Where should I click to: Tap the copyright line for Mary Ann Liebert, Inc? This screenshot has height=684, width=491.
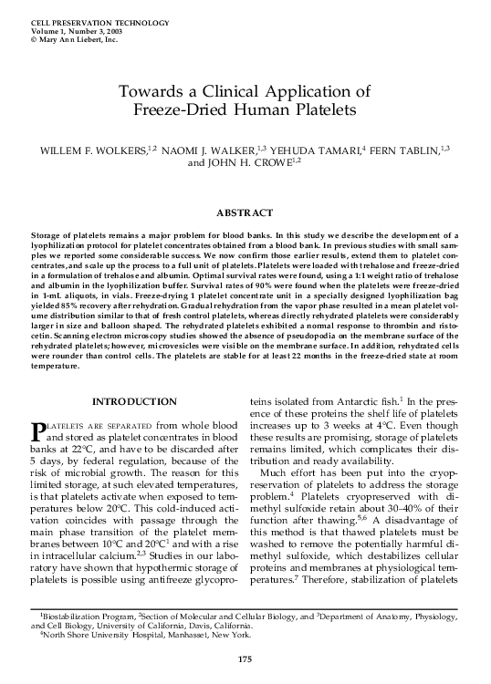[x=74, y=40]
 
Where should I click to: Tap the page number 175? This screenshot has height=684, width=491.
[x=244, y=659]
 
